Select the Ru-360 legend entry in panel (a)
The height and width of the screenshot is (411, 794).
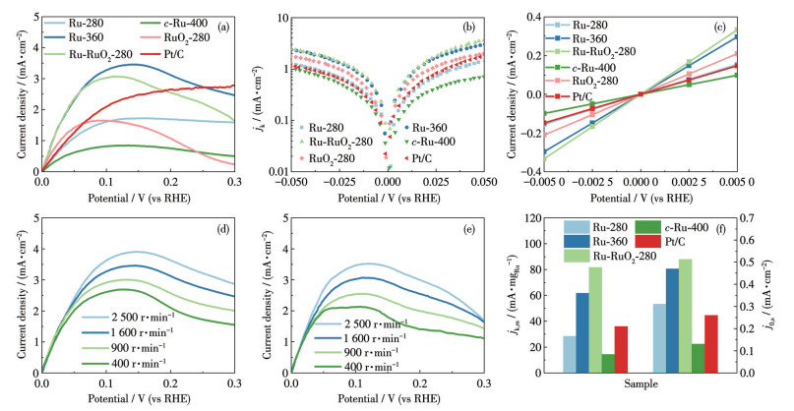(x=74, y=37)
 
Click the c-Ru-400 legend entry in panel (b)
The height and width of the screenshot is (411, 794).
(x=429, y=143)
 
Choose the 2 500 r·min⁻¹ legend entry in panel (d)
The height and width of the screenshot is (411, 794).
(x=129, y=318)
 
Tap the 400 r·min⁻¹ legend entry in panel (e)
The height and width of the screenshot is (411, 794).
(x=356, y=366)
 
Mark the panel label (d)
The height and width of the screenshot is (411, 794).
(x=222, y=230)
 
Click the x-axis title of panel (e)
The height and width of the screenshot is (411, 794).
(x=389, y=399)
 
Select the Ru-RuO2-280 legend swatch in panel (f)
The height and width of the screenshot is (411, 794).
(x=576, y=256)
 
